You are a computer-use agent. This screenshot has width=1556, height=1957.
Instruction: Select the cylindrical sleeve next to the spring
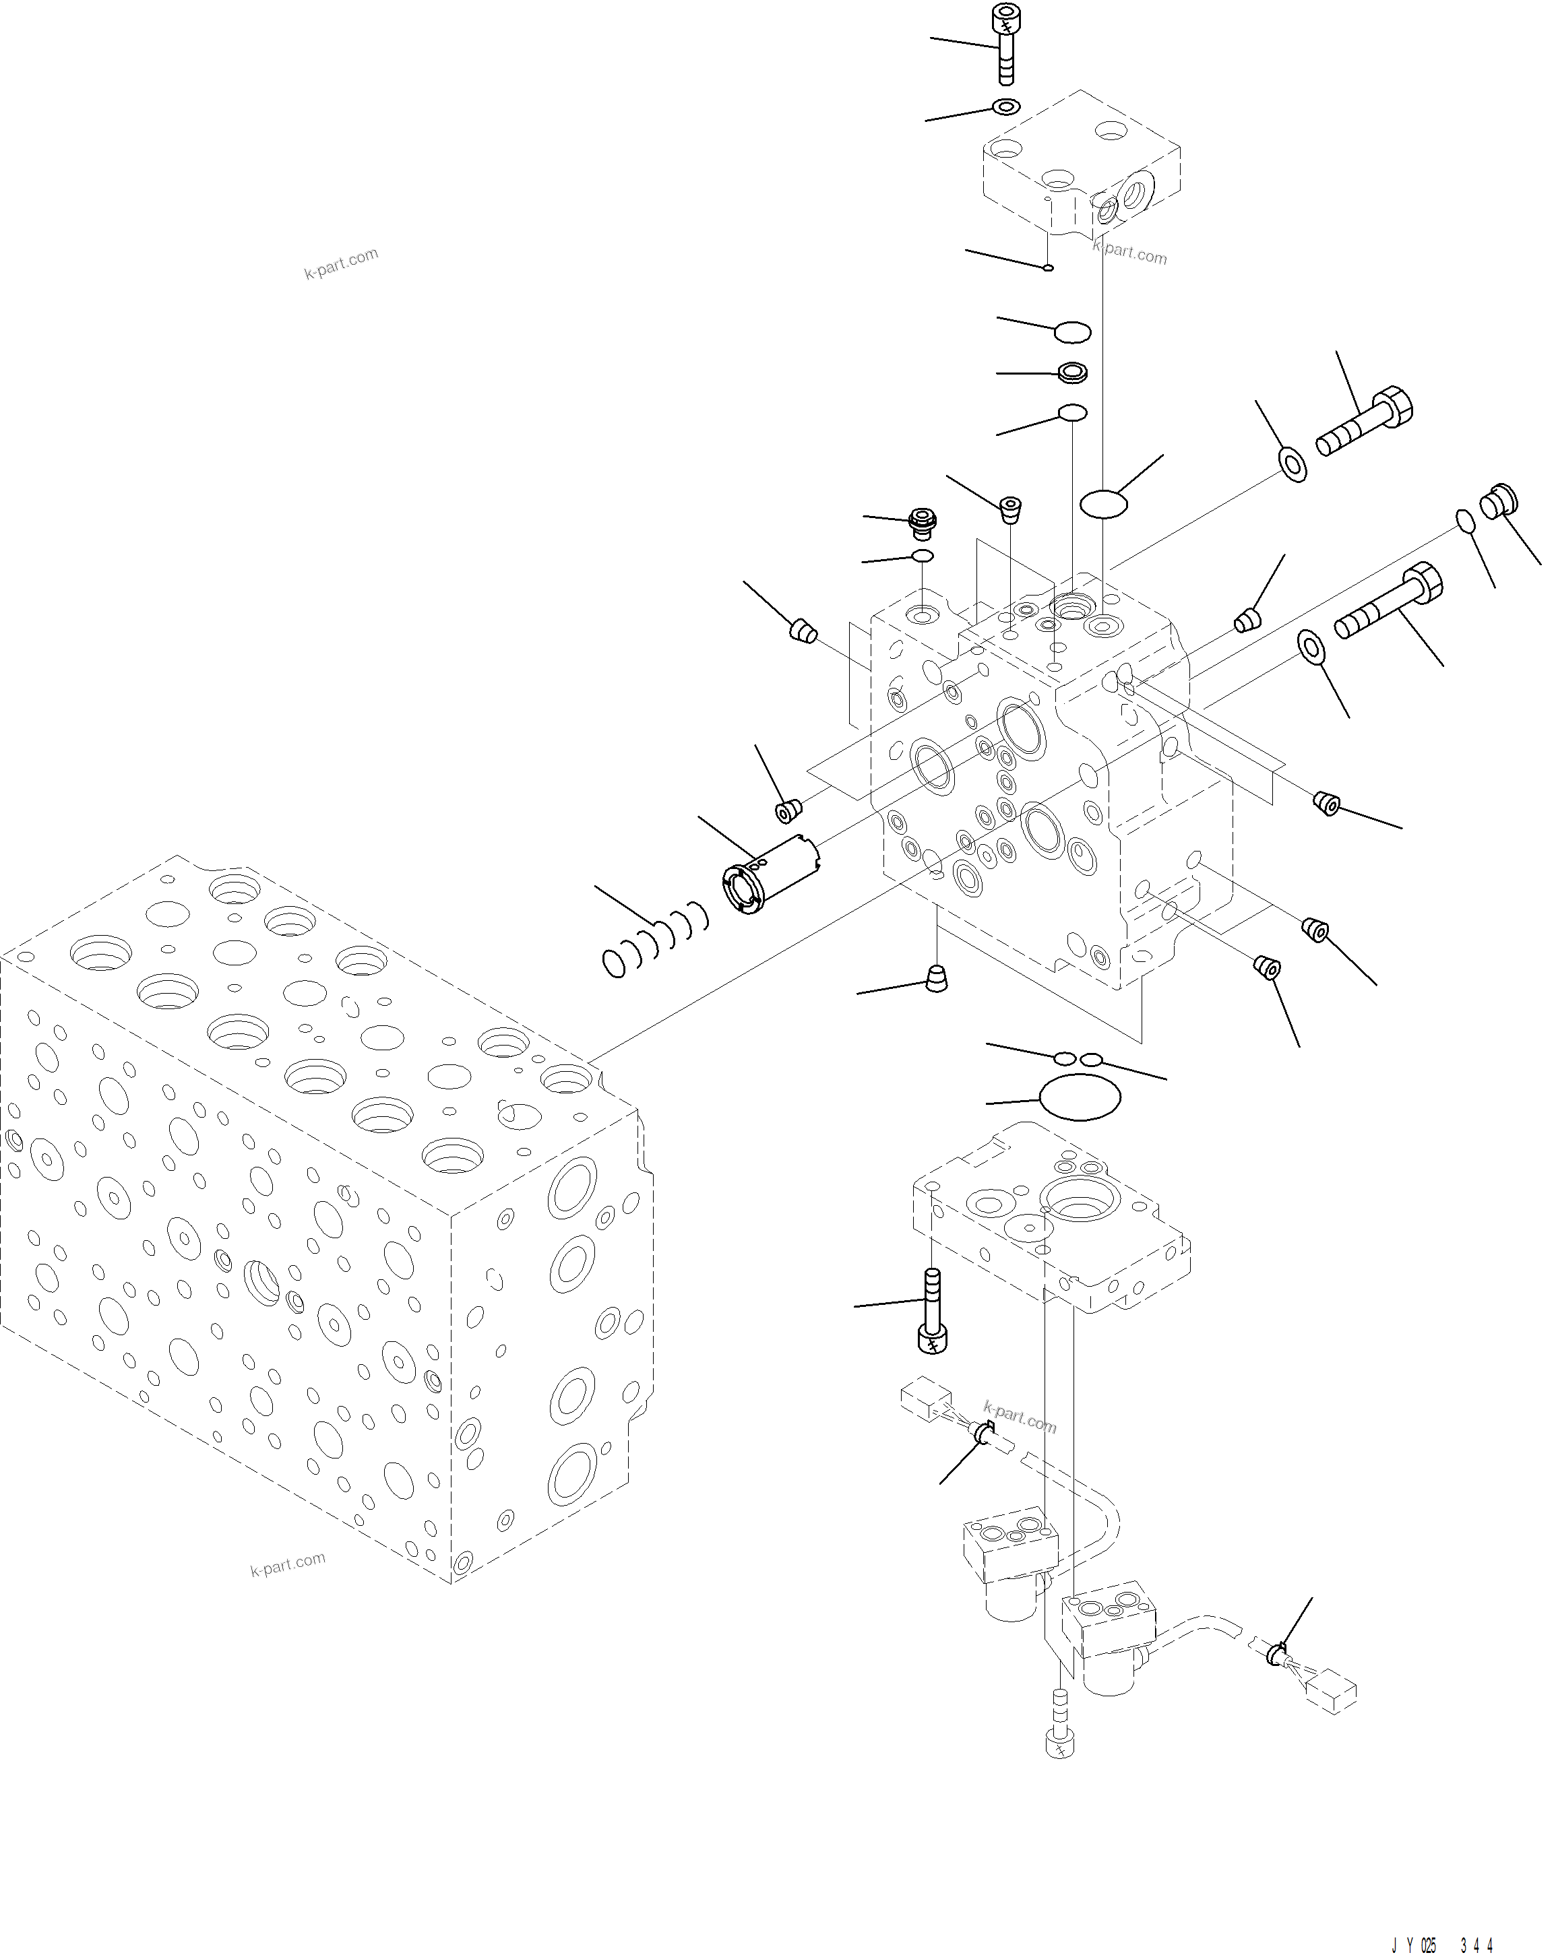pos(770,873)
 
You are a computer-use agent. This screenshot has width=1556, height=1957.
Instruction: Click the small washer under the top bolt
pos(1006,107)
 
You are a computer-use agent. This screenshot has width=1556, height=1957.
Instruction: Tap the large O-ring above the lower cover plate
pos(1080,1097)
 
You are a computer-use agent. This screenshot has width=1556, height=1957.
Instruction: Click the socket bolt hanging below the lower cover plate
pos(933,1312)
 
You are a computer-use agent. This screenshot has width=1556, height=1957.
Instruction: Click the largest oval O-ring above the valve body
pos(1103,503)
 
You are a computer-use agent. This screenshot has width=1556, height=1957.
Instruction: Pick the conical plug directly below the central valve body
pos(936,978)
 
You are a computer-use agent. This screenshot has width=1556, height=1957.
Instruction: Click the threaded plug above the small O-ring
pos(923,522)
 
